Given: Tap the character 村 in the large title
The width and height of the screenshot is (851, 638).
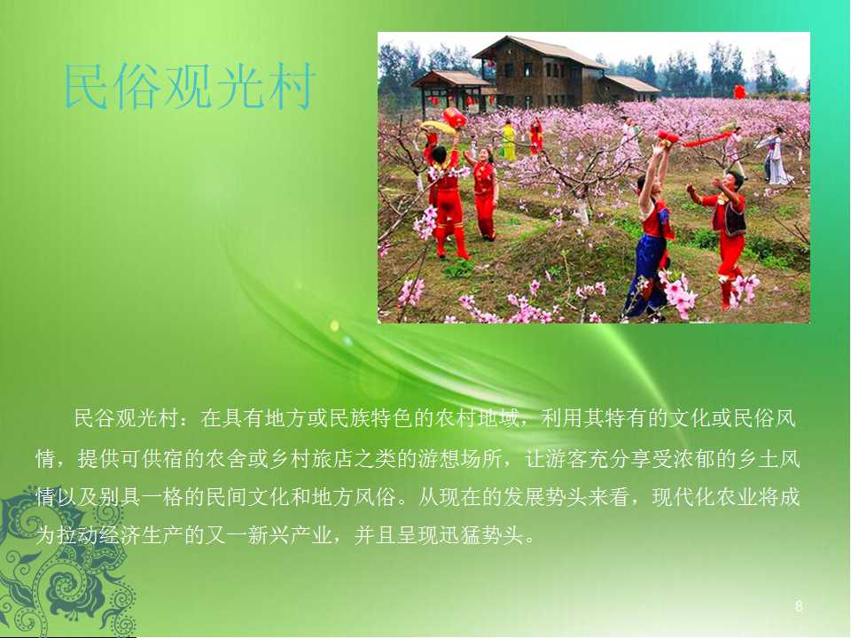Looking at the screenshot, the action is pos(291,87).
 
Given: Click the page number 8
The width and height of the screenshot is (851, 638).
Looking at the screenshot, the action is pos(799,606).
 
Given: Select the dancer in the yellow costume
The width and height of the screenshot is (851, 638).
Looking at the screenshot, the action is pos(509,141).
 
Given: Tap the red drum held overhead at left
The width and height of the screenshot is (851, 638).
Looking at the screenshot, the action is pos(454,117).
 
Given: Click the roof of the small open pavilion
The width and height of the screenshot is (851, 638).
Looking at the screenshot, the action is pos(450,80).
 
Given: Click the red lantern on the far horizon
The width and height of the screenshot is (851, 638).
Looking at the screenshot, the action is pos(739,91).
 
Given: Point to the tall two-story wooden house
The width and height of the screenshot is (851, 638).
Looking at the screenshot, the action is pos(540,71).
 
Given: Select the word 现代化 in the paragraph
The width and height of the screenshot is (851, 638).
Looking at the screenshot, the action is pos(683,497).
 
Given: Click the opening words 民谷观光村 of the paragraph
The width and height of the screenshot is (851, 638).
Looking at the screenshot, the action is pos(126,418).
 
